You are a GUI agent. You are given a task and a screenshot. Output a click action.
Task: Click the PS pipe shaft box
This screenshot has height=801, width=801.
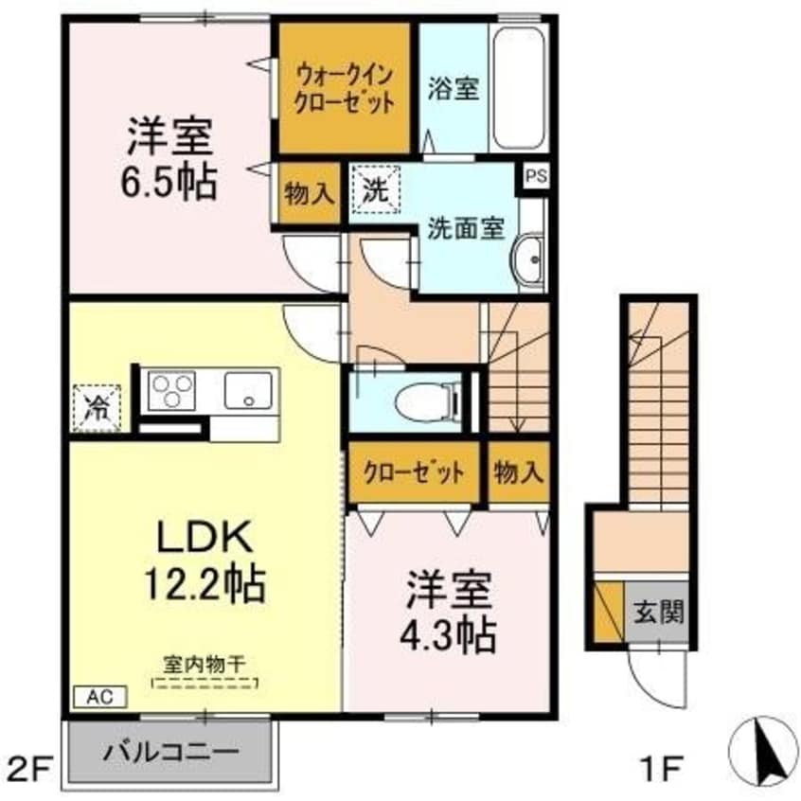pos(536,177)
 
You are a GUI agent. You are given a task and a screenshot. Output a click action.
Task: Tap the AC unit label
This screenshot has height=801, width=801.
pos(100,696)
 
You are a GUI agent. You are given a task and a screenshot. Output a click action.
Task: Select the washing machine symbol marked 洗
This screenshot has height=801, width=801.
pos(376,190)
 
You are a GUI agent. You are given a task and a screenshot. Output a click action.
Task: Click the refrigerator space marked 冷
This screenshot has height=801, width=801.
pos(97,409)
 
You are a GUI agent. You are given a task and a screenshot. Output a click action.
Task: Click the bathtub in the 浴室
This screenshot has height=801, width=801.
pos(519,88)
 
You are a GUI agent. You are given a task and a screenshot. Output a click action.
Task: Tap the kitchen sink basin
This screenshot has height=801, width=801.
pos(248,391)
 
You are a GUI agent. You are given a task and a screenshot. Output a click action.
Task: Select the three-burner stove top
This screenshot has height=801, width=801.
pos(171,391)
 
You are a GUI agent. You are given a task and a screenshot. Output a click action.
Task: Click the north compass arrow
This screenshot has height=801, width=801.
pos(762,751)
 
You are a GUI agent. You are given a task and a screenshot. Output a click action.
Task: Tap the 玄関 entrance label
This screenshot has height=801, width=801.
pos(658,612)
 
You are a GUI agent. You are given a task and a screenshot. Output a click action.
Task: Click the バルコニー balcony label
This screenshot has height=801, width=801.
pos(170,753)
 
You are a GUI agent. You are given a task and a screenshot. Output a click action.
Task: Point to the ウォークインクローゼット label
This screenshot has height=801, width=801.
pos(345,89)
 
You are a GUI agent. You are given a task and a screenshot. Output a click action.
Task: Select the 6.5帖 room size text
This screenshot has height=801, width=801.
pos(169,182)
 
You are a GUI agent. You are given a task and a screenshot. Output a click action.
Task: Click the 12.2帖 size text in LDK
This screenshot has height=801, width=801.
pos(205,584)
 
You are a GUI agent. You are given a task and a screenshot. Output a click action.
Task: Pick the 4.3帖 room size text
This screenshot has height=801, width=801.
pos(448,635)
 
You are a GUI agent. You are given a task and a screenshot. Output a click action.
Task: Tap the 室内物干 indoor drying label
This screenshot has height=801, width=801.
pos(205,665)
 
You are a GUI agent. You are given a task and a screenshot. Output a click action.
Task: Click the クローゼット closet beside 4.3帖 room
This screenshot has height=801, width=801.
pos(415,472)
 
